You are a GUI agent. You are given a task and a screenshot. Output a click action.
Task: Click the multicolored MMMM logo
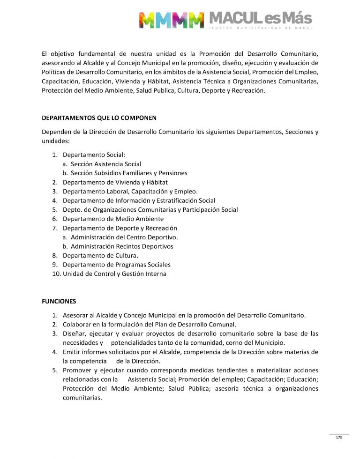(172, 19)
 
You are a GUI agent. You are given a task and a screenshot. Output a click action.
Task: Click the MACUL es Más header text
(260, 18)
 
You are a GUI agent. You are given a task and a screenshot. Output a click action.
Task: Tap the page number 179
(339, 437)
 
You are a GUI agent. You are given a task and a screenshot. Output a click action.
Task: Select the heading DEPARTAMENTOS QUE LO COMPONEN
(99, 118)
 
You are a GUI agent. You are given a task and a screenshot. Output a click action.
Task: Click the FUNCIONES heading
(59, 301)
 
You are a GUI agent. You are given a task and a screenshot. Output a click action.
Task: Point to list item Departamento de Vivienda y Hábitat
(115, 182)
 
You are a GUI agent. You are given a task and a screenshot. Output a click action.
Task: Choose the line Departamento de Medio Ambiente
(113, 219)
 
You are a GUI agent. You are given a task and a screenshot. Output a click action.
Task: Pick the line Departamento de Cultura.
(100, 255)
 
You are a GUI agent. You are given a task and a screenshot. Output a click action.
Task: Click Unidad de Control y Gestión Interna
(114, 274)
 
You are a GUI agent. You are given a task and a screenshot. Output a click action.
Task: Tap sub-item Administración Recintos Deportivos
(122, 246)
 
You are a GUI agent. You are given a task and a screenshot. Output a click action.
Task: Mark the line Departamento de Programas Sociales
(117, 265)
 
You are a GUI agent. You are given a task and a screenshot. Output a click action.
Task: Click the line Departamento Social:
(94, 155)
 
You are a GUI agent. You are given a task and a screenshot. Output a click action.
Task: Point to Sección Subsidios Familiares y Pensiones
(129, 173)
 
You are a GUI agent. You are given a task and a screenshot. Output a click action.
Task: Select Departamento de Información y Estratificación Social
(139, 200)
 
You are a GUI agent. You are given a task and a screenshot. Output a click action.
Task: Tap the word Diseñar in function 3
(75, 333)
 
